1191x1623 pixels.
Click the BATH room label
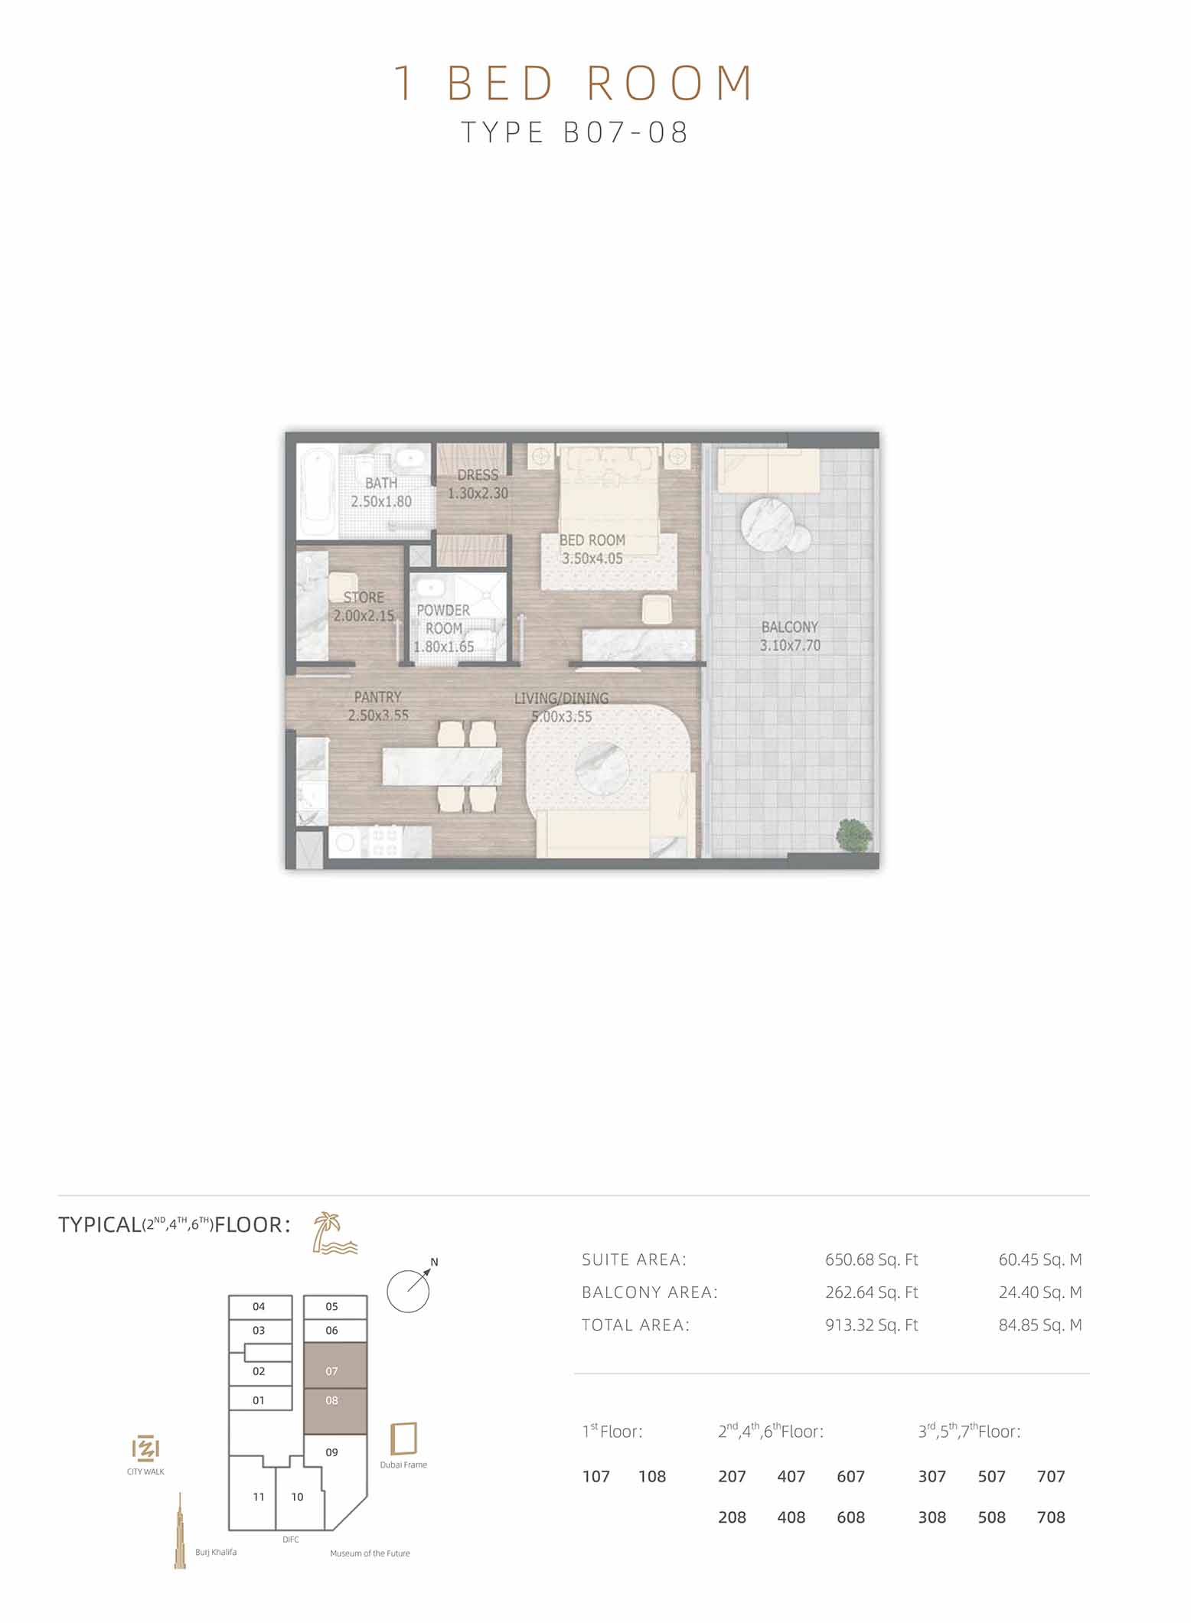[381, 492]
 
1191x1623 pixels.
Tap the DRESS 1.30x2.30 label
[478, 484]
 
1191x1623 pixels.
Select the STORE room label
[364, 605]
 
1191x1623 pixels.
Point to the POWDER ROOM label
[444, 628]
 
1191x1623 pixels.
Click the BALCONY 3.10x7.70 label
[790, 636]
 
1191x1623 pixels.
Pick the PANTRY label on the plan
[378, 706]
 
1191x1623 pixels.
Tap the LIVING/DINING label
[562, 707]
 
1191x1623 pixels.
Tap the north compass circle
[408, 1292]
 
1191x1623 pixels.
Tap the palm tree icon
[334, 1233]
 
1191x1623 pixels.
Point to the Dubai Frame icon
[403, 1438]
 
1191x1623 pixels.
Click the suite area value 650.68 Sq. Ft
[871, 1259]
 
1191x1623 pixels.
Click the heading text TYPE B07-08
[575, 132]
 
